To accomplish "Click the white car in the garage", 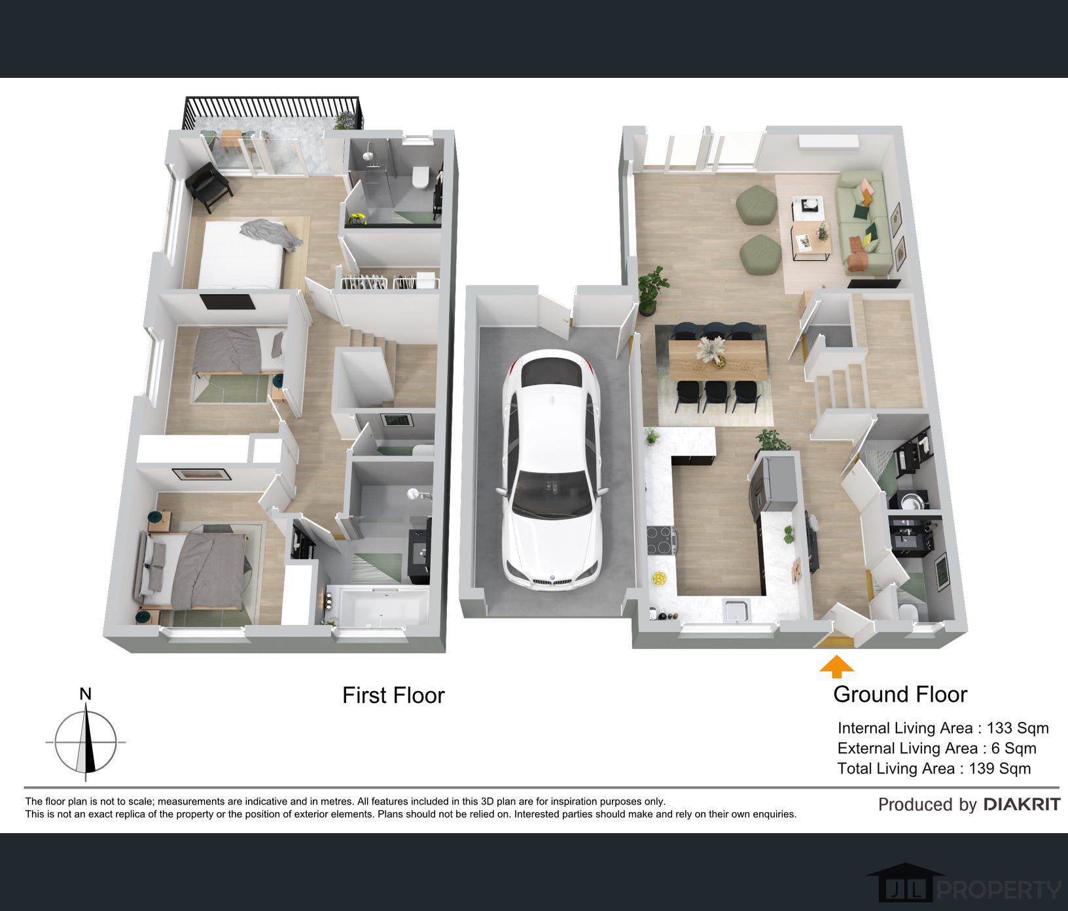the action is [x=551, y=467].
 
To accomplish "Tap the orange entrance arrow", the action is [x=837, y=668].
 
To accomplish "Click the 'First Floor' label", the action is [x=393, y=695].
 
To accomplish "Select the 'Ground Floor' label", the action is [x=900, y=694].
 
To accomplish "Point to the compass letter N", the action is [x=85, y=694].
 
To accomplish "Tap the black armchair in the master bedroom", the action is [x=209, y=186].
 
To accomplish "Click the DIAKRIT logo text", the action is [x=1022, y=804].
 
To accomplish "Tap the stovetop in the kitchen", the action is [x=662, y=540].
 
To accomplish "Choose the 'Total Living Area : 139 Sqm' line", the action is [x=934, y=768].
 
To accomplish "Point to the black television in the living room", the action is [x=874, y=283].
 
